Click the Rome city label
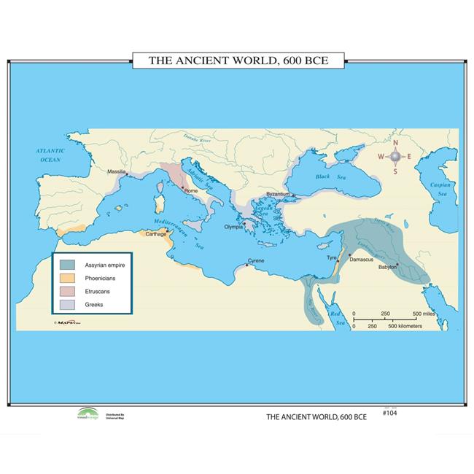(191, 191)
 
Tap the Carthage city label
(155, 234)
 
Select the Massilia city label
(117, 172)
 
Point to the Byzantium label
(279, 194)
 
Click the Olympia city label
(233, 227)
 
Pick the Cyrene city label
(256, 260)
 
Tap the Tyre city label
(332, 257)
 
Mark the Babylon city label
(387, 267)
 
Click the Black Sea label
(322, 176)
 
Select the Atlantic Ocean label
(51, 155)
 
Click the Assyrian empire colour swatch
(68, 265)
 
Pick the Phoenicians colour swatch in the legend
(68, 278)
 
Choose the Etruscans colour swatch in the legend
(68, 291)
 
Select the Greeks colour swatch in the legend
(68, 304)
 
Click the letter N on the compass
(396, 142)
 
